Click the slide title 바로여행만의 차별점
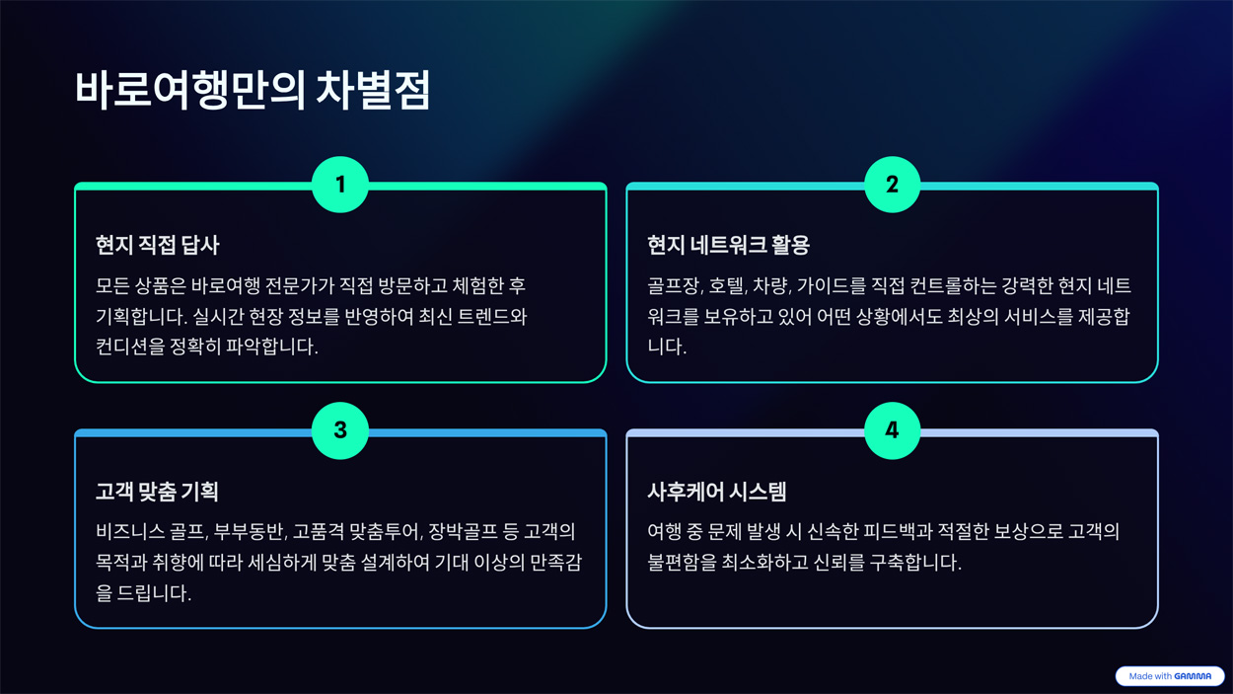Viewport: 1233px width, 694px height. [x=253, y=90]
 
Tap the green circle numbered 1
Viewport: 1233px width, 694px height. [x=340, y=185]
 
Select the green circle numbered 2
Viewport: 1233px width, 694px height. [x=893, y=185]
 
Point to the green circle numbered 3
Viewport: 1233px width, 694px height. [x=340, y=430]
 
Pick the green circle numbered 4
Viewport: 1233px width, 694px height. [x=893, y=430]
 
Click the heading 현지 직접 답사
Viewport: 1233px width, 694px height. [x=158, y=245]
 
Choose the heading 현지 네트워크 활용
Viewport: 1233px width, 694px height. [x=728, y=245]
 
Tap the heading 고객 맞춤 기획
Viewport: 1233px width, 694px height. [x=157, y=492]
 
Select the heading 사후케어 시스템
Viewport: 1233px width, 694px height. [x=717, y=492]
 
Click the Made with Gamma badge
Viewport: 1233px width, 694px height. [x=1170, y=676]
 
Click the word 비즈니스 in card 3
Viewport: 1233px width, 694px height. [x=130, y=531]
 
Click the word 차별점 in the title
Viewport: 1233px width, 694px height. [x=373, y=90]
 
